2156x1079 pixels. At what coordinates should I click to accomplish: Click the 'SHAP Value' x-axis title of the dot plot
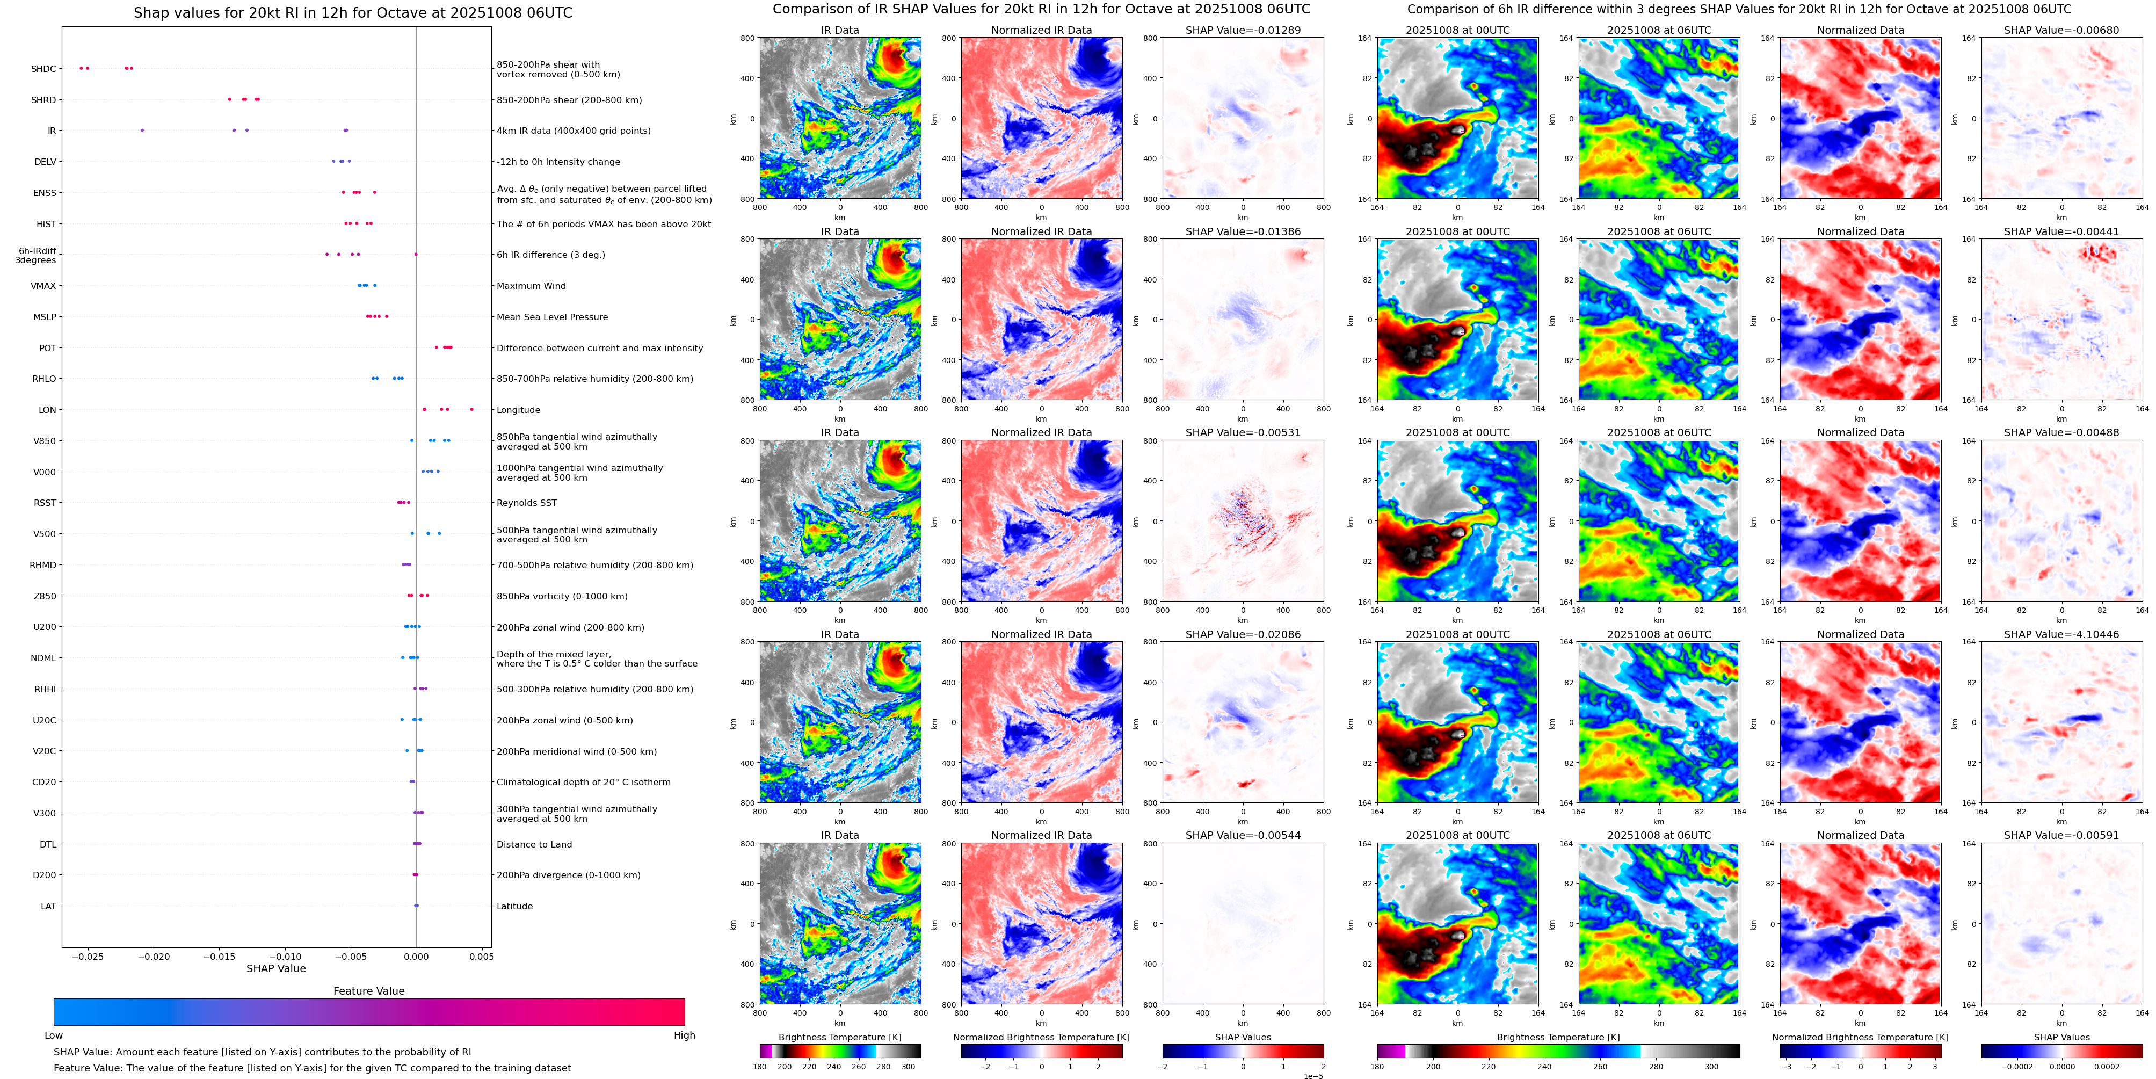tap(275, 968)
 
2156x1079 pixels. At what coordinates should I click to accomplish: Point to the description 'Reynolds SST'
tap(526, 503)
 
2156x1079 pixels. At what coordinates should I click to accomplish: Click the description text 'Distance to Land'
tap(534, 845)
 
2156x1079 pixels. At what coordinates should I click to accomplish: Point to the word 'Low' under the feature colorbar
tap(54, 1035)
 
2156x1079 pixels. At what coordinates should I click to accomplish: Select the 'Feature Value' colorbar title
tap(368, 991)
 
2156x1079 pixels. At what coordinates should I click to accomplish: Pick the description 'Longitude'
tap(518, 410)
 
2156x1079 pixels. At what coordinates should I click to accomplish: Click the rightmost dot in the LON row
tap(472, 409)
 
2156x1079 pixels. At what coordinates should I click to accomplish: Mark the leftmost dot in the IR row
tap(141, 130)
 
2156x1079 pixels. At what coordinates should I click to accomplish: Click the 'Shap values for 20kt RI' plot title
tap(352, 12)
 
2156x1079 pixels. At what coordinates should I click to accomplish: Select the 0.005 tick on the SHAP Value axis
tap(481, 957)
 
